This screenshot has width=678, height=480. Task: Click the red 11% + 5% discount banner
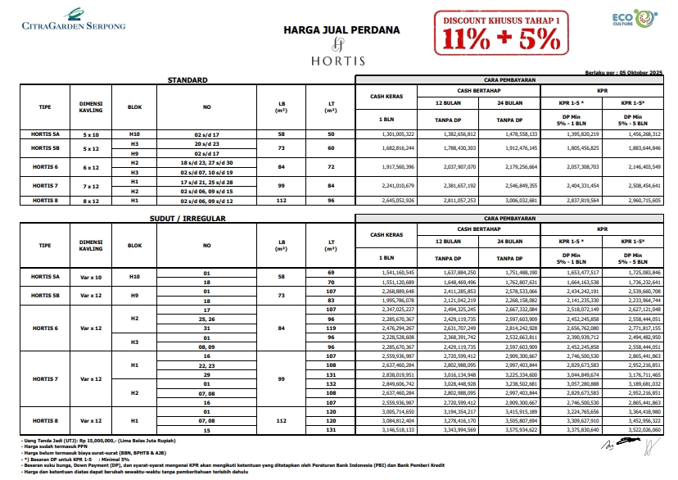coord(502,31)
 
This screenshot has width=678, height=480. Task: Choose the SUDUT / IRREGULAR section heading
coord(189,220)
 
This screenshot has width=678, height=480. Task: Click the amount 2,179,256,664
coord(518,166)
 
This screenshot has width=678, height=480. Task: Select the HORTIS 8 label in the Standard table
coord(45,200)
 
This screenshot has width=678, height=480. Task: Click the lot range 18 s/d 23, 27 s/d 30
coord(207,163)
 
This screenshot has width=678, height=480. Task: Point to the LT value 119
coord(331,327)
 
